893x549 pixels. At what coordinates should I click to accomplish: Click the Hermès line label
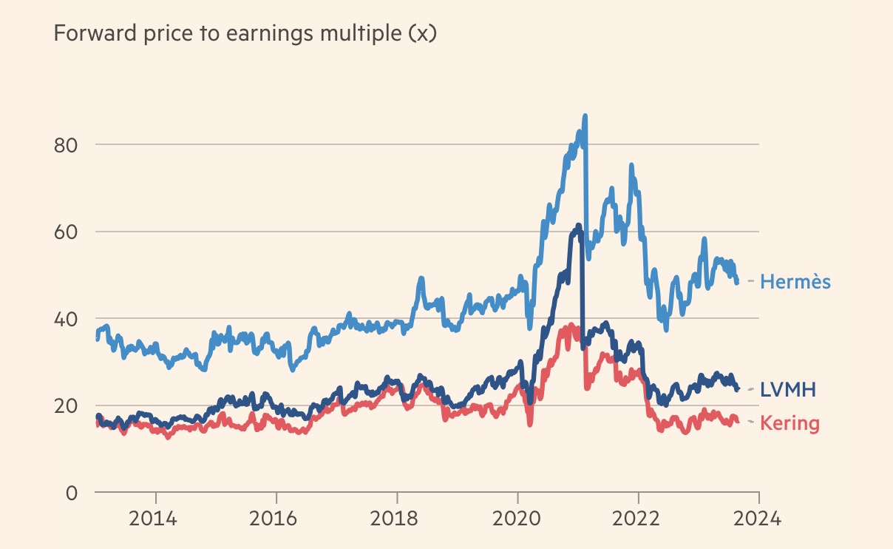click(x=795, y=282)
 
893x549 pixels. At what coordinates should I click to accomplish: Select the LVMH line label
click(x=788, y=390)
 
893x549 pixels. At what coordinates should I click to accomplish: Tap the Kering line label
click(x=790, y=424)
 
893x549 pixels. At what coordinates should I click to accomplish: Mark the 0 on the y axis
click(x=72, y=493)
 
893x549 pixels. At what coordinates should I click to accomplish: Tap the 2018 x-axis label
click(x=397, y=518)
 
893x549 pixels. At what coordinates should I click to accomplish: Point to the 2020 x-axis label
click(x=517, y=518)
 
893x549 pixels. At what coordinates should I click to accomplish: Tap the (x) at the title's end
click(x=423, y=34)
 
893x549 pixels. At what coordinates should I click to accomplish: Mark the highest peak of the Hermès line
click(x=585, y=117)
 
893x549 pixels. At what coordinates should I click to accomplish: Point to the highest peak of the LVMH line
click(x=579, y=226)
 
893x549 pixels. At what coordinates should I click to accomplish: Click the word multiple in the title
click(x=360, y=34)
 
